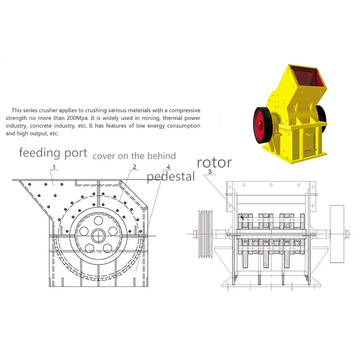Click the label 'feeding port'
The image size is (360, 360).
click(x=53, y=154)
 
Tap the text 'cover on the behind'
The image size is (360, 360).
click(x=134, y=156)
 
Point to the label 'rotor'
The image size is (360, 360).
click(x=214, y=162)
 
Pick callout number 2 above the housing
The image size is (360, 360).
click(x=135, y=167)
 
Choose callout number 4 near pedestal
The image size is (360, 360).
click(x=168, y=167)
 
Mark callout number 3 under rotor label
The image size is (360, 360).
click(x=210, y=171)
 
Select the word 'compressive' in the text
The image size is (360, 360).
click(x=184, y=110)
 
